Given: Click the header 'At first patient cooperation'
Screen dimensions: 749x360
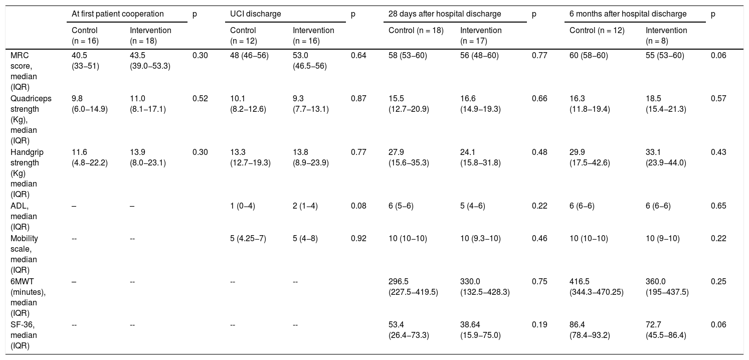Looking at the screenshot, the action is (118, 14).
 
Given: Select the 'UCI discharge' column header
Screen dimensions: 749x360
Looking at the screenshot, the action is (256, 14).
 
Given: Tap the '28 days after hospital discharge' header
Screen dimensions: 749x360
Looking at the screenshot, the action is (445, 14).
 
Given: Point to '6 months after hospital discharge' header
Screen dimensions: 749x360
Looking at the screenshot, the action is (628, 14).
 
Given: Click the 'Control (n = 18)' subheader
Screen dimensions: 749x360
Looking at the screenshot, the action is (416, 31).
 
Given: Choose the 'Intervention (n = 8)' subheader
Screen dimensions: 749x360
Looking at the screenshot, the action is (666, 36).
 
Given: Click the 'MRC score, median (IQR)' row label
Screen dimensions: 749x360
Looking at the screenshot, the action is (24, 71).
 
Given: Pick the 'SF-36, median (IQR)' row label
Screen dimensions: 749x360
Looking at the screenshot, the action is (24, 335).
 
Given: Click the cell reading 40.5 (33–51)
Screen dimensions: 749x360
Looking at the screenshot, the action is (86, 61).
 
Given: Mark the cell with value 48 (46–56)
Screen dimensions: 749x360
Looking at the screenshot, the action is (249, 56).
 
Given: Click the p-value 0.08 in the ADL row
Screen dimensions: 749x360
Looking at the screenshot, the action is (358, 206).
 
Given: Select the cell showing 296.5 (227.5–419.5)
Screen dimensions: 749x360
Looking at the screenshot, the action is (413, 287).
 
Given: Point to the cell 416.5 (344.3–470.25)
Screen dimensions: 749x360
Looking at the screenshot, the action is (597, 287).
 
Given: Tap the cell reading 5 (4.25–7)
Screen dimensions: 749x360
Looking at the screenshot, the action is (248, 239).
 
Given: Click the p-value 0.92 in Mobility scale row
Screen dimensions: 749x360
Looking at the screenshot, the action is (358, 239).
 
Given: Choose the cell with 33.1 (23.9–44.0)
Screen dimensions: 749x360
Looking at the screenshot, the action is (666, 157).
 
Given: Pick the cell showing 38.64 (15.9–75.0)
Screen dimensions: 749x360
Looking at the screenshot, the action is (480, 330).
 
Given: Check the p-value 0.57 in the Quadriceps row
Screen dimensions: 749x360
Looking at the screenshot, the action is (718, 99).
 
